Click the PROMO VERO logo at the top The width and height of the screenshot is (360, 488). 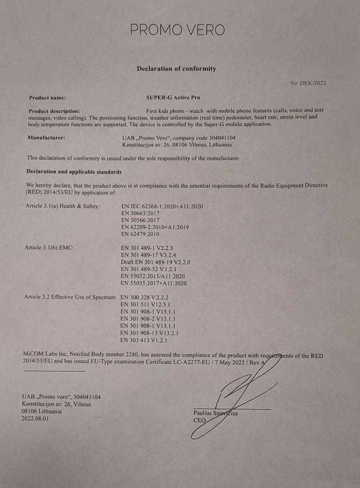pos(177,30)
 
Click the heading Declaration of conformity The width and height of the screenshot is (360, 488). pos(176,69)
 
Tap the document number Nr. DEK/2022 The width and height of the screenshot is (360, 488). pos(309,83)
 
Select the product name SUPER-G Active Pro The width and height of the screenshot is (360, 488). pos(173,98)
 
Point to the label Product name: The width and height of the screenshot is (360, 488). pos(48,98)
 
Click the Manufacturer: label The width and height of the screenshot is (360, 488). pos(47,138)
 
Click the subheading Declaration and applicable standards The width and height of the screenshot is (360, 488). pos(74,172)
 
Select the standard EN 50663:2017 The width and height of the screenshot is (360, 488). pos(141,213)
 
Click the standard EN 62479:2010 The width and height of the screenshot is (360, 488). pos(141,234)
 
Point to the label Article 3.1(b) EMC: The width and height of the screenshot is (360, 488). pos(49,248)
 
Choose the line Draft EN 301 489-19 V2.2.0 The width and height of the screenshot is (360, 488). pos(156,262)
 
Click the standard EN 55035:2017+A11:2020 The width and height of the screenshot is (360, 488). pos(154,283)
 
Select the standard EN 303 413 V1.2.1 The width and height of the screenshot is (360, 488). pos(144,341)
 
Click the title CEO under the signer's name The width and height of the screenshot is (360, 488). pos(199,421)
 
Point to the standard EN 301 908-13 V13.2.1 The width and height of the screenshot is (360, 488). pos(150,333)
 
